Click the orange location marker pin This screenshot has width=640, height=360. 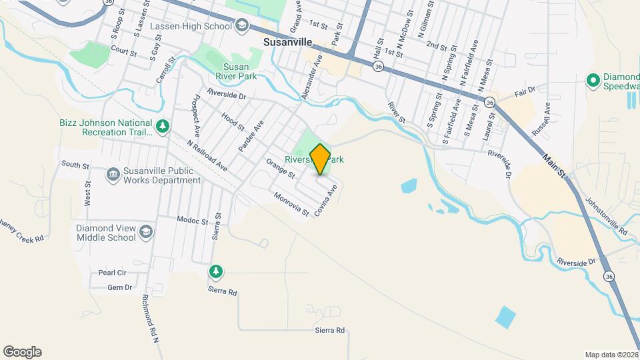[x=320, y=159]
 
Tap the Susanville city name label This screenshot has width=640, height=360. [x=285, y=40]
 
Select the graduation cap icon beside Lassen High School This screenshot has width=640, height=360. [x=242, y=26]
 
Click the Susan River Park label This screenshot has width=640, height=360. [x=237, y=71]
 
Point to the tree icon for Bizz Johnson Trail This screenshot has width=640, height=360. [x=162, y=125]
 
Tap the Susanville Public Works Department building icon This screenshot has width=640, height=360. [x=113, y=175]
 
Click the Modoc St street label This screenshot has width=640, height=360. [x=193, y=219]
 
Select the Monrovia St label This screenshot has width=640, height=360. [x=291, y=203]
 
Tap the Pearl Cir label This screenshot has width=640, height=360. [x=112, y=273]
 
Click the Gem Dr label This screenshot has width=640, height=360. [x=120, y=288]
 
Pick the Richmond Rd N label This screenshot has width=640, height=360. [x=150, y=320]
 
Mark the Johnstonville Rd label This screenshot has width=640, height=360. [x=605, y=215]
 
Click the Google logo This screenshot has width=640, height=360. [x=22, y=352]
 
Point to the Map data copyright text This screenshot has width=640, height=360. [x=611, y=354]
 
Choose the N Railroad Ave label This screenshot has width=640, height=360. [x=207, y=156]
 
